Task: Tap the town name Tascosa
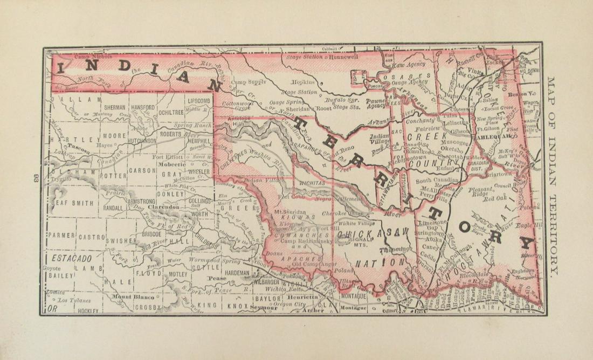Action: click(x=78, y=146)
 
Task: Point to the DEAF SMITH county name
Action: click(x=72, y=203)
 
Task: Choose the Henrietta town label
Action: click(x=302, y=297)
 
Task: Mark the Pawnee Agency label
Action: click(x=375, y=103)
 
